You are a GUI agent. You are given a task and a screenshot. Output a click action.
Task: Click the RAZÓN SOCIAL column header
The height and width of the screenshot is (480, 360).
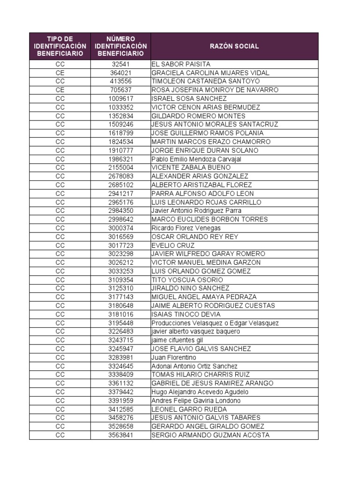pos(234,46)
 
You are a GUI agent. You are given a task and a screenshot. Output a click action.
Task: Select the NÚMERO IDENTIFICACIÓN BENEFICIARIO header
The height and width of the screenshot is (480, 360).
pos(120,46)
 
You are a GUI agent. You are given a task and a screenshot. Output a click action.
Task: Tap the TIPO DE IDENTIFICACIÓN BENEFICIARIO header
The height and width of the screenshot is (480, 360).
pos(60,46)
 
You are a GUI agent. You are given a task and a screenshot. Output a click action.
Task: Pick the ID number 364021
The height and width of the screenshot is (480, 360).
pos(120,73)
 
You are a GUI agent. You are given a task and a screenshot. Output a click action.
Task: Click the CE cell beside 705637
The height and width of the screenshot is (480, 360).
pos(60,90)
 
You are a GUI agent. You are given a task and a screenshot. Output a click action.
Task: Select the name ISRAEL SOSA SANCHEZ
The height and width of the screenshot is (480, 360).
pos(189,98)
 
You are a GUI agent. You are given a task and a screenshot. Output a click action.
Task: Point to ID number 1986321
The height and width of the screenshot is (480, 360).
pos(120,159)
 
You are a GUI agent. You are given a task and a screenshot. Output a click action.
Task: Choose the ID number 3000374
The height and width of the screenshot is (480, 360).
pos(120,228)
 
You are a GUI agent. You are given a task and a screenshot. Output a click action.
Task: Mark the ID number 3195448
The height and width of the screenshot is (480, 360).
pos(120,323)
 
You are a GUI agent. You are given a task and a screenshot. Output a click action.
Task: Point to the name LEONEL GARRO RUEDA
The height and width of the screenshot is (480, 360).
pos(189,409)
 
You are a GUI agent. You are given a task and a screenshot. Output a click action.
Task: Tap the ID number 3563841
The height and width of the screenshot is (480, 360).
pos(120,435)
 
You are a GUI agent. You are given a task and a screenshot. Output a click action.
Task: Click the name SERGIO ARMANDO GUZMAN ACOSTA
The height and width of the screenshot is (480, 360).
pos(210,435)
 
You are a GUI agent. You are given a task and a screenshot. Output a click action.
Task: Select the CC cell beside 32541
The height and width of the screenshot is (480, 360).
pos(60,64)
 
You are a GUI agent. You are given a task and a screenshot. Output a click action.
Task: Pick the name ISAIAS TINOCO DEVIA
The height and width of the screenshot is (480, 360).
pos(186,315)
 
